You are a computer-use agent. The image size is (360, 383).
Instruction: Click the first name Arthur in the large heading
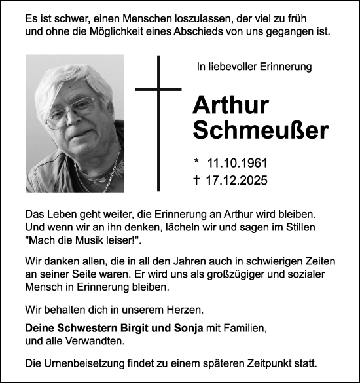click(228, 106)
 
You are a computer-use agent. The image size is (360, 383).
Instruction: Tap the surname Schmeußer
click(260, 130)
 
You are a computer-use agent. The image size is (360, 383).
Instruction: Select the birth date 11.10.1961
click(238, 162)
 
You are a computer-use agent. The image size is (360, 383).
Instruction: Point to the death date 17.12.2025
click(238, 178)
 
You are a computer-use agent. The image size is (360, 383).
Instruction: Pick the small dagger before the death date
click(195, 178)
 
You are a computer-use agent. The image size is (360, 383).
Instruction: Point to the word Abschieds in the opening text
click(192, 31)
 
